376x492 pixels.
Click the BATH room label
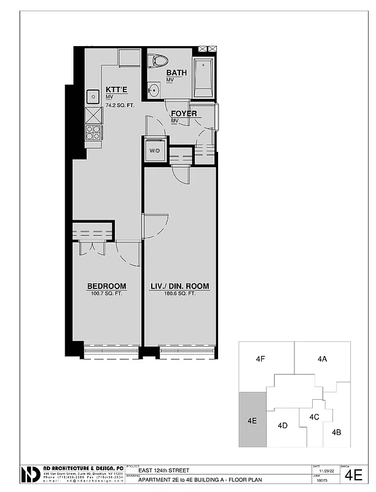coord(176,73)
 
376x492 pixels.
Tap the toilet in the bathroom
coord(160,61)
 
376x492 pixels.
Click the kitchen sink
coord(93,96)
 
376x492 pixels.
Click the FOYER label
coord(184,114)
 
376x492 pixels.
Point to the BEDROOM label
coord(106,286)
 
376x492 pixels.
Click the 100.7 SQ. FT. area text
coord(106,294)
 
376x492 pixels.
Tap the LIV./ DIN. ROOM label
coord(180,286)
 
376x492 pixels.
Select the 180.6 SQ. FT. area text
coord(180,294)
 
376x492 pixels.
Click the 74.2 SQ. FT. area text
coord(120,105)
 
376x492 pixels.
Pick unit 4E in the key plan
coord(252,421)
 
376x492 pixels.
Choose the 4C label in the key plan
coord(314,416)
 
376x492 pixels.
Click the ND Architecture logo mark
coord(31,474)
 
